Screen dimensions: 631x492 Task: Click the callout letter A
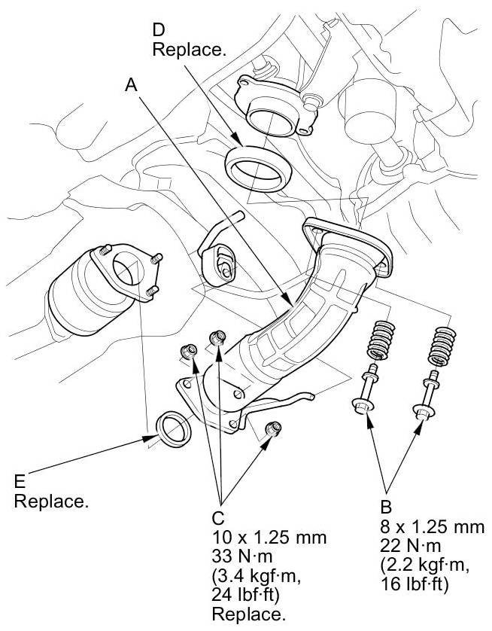click(132, 87)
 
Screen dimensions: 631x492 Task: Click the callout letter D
click(159, 30)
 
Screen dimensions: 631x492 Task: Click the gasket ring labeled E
click(172, 426)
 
